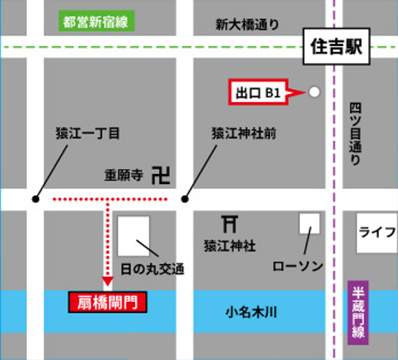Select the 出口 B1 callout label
[x=258, y=92]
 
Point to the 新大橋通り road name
[x=247, y=24]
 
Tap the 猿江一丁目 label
[x=88, y=133]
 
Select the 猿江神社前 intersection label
[x=244, y=133]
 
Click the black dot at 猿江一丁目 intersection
[x=36, y=199]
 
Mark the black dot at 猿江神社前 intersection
[x=185, y=199]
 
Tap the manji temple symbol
[x=160, y=175]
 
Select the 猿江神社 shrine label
[x=230, y=246]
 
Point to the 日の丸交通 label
[x=153, y=269]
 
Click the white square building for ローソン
[x=309, y=224]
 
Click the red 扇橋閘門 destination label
[x=107, y=303]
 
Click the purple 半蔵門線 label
[x=357, y=313]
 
